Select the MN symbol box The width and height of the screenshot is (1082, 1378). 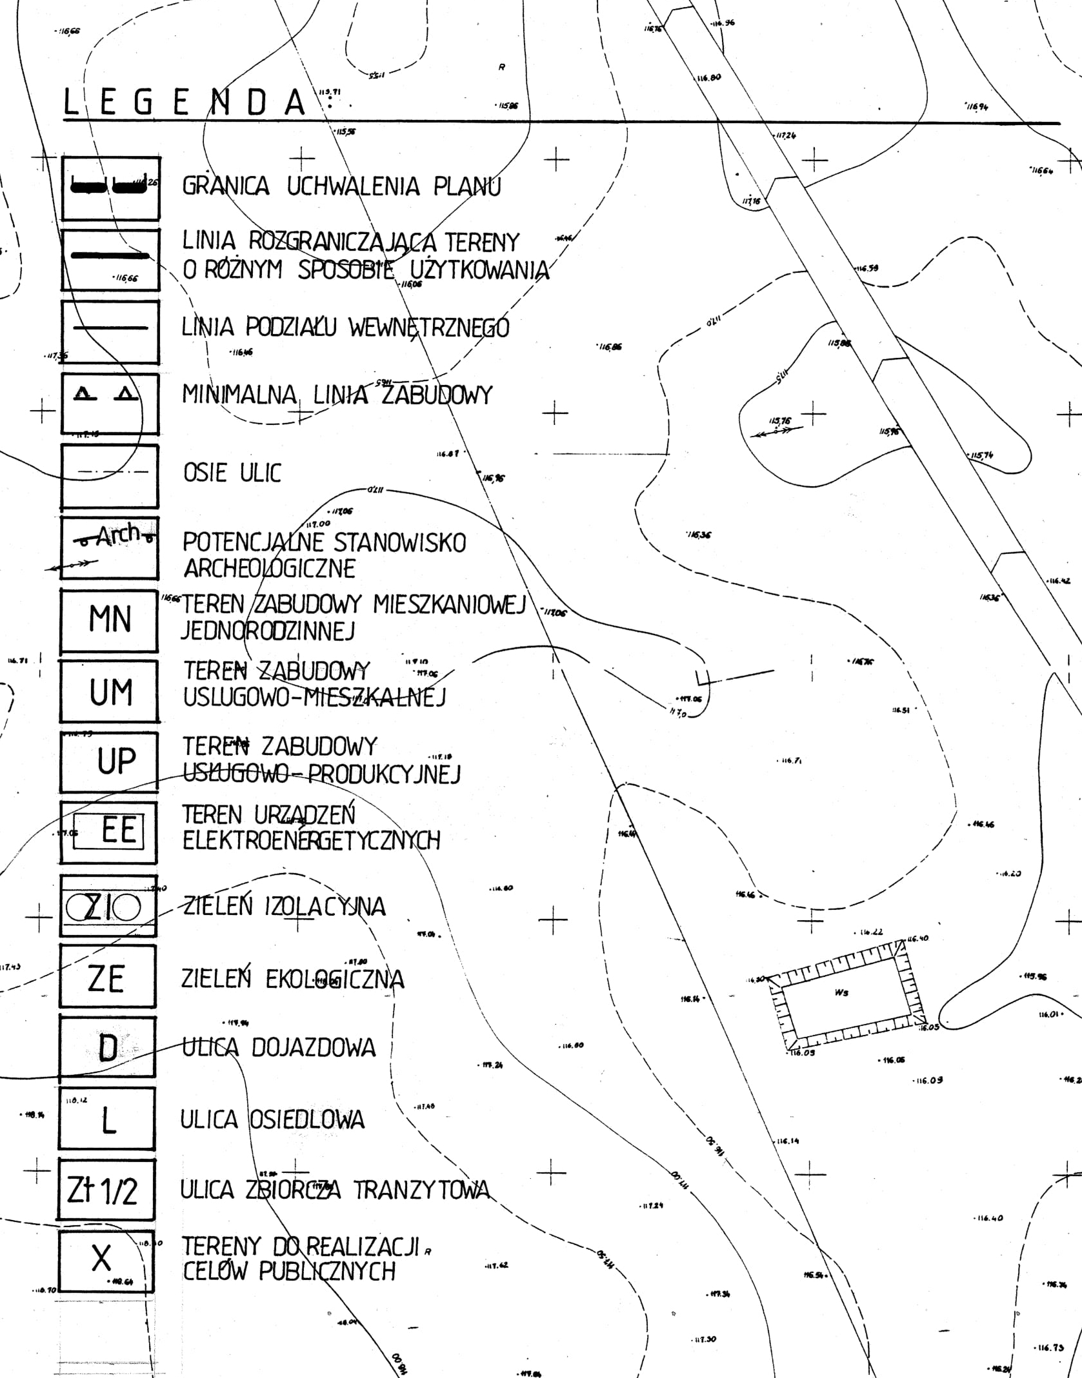(x=109, y=620)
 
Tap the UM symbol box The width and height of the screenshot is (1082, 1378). (x=110, y=691)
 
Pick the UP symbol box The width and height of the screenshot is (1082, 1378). (x=110, y=762)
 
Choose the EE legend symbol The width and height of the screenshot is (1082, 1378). (x=109, y=832)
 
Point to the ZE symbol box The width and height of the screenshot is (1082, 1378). (x=107, y=978)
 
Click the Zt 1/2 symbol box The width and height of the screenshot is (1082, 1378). (x=105, y=1191)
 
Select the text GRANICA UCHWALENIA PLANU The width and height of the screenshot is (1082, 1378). (x=341, y=187)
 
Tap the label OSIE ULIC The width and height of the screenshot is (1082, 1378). (x=232, y=473)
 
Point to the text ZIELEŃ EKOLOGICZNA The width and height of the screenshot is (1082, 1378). (x=292, y=979)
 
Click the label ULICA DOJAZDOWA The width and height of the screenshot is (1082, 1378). (x=278, y=1048)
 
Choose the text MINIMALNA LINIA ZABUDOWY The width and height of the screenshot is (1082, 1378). (x=337, y=395)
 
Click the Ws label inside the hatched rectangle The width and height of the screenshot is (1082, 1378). (x=841, y=992)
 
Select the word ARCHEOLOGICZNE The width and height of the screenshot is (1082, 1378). (x=270, y=569)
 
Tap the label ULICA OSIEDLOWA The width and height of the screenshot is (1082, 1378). (x=272, y=1119)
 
